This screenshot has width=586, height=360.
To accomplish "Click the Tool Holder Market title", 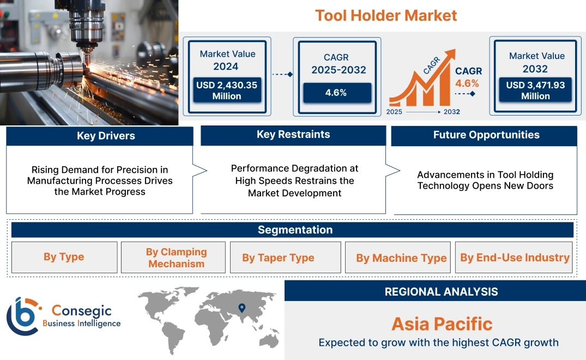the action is pos(386,16).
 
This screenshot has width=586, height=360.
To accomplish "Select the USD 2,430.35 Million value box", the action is pos(227,90).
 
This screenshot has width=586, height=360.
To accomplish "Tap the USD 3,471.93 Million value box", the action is pos(535,90).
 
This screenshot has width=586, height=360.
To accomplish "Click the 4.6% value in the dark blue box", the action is pos(337,93).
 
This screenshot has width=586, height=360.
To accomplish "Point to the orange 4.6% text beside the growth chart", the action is pos(467,83).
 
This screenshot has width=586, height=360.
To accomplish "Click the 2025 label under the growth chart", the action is pos(394,112).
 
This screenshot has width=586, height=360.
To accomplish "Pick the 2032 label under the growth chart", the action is pos(452,112).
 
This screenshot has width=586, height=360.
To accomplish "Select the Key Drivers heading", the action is pos(106,136).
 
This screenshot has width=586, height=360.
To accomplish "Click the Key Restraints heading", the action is pos(293,135).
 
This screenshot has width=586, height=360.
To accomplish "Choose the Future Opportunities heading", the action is pos(486,135).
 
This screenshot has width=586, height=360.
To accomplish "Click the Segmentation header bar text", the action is pos(295,230).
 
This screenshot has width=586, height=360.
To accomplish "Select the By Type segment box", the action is pos(64,257).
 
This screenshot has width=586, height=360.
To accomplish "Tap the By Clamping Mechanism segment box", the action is pos(173,257).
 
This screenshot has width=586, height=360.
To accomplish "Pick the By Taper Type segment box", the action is pos(286,257).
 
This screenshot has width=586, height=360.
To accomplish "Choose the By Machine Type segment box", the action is pos(398,257).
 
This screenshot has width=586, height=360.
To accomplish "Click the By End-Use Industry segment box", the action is pos(514,257).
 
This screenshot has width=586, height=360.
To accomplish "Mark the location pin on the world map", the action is pos(242,308).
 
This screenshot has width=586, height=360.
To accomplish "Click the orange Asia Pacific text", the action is pos(442,324).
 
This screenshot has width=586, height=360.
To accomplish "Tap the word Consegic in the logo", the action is pos(81,311).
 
